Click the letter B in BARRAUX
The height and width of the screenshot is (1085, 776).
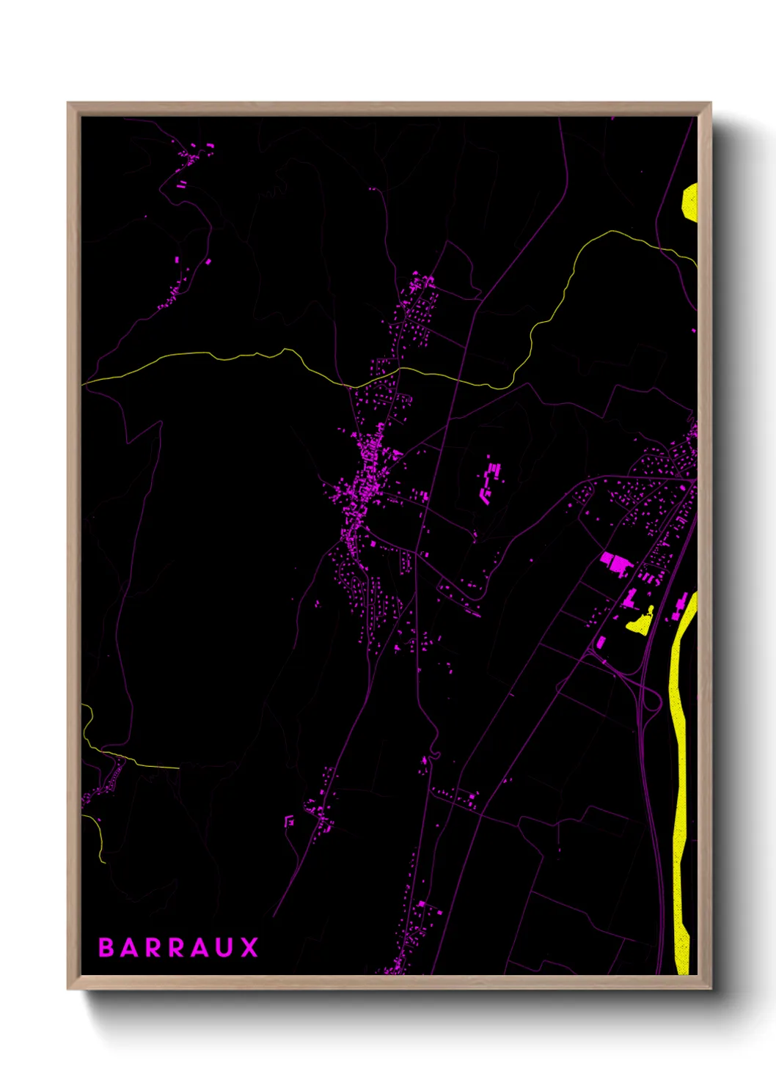(106, 948)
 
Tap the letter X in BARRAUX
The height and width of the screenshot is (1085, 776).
(250, 948)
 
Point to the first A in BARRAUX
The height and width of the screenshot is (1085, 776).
(129, 948)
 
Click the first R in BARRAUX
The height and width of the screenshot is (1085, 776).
(153, 948)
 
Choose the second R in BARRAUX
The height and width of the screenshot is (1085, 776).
(177, 948)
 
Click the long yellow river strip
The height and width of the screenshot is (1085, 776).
(679, 770)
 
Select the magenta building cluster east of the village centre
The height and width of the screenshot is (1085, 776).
(488, 481)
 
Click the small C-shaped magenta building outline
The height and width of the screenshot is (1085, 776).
(289, 821)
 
